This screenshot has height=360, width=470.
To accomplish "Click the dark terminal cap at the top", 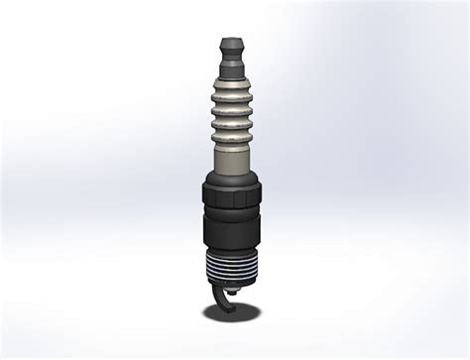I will (x=231, y=48).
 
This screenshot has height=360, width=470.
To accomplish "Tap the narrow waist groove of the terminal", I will (x=231, y=59).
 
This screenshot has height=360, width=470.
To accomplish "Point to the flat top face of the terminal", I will (x=231, y=40).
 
